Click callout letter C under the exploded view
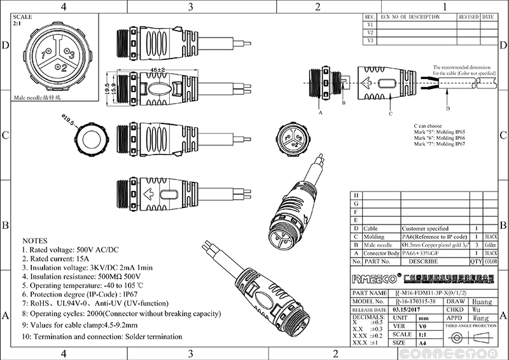pos(390,114)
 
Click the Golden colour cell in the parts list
pos(491,244)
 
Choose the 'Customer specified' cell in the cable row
pos(426,228)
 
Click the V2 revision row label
pos(370,32)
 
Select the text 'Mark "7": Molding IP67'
pos(439,145)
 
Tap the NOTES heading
pos(35,242)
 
